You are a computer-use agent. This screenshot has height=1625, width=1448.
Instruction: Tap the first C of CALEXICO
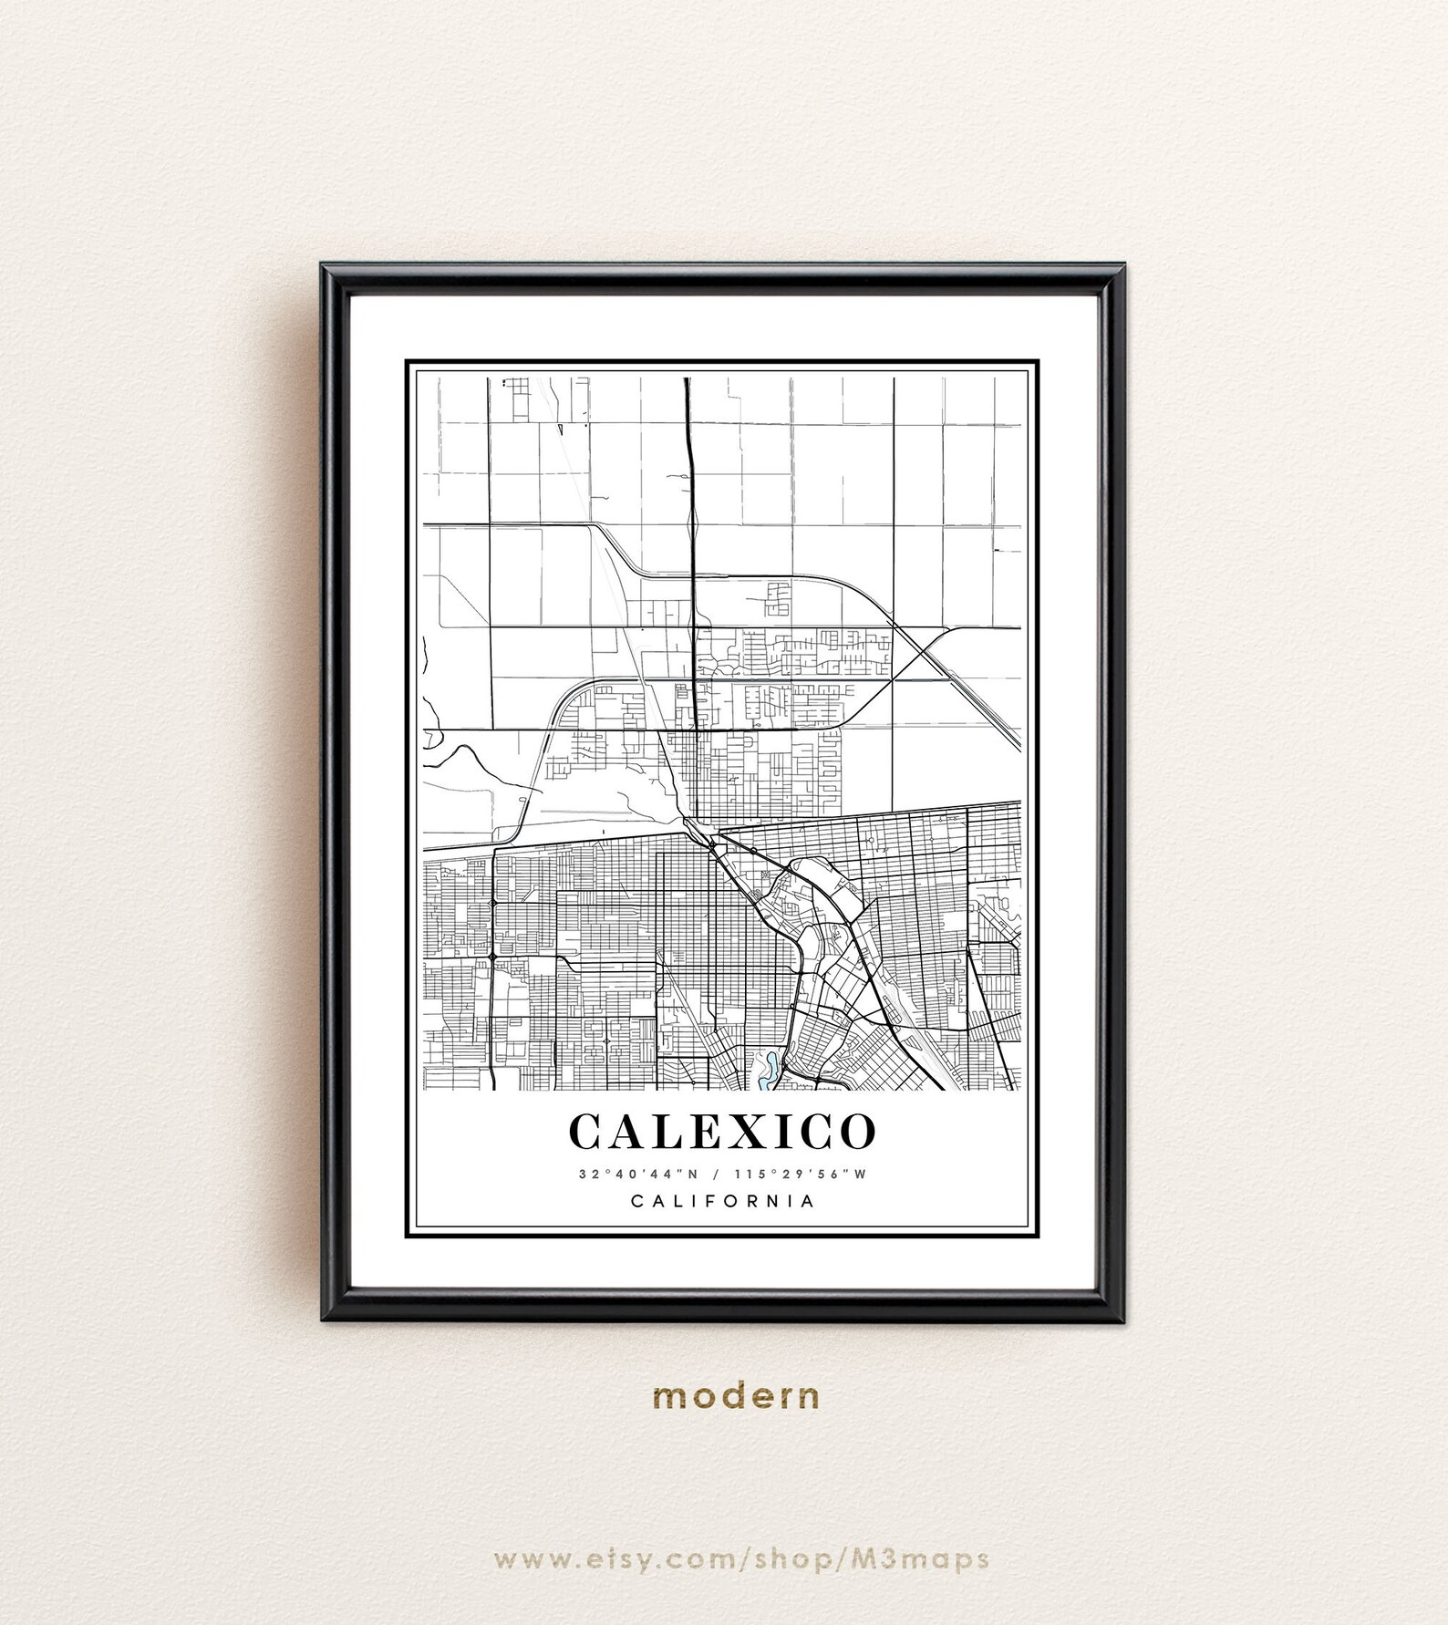click(x=587, y=1132)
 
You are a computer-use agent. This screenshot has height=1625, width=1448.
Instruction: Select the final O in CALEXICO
click(x=856, y=1132)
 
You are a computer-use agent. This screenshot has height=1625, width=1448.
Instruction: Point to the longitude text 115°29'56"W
click(x=800, y=1175)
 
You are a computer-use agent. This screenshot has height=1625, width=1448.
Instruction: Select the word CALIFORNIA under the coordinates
click(x=723, y=1201)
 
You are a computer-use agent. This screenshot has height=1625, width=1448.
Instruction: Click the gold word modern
click(x=736, y=1395)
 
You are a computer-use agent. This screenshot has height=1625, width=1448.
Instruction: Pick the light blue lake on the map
click(x=769, y=1069)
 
